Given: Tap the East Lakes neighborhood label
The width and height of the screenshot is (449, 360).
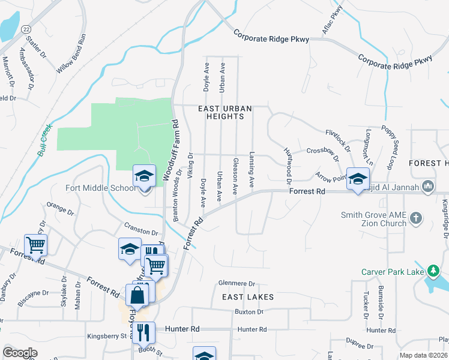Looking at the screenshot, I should point(248,297).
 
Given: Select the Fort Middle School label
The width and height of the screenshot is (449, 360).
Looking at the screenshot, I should point(101,188).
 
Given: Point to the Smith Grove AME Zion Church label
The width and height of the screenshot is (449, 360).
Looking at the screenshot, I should point(373,219).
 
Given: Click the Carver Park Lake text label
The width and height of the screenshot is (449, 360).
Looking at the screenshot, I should point(390,272).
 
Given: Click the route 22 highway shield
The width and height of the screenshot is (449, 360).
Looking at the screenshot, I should point(26,29).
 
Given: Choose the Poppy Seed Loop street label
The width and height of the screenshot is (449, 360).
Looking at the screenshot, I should point(391,147).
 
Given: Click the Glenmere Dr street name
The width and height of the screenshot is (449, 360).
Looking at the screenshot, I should point(237,284).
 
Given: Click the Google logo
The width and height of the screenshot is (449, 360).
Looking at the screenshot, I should point(20,353).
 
